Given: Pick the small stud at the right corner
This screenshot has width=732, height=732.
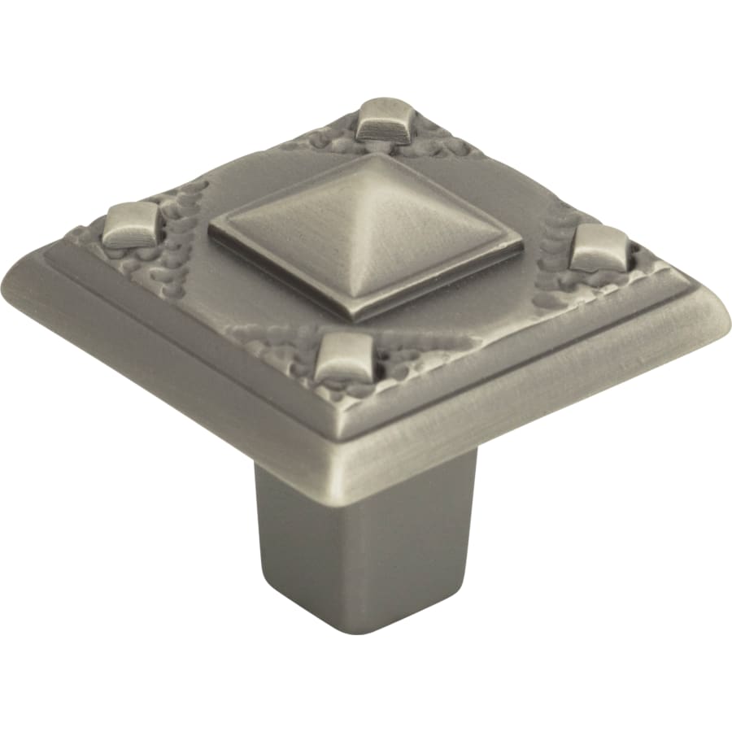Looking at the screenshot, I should coord(599,246).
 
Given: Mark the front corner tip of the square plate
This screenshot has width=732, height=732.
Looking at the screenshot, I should coord(342,480).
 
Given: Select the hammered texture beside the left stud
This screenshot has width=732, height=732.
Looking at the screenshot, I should coord(175,260).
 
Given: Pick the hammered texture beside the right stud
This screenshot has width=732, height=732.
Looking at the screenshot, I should coord(561,277).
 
